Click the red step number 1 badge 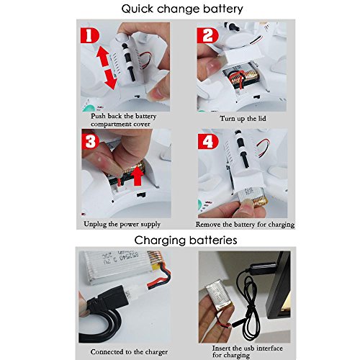pyautogui.click(x=89, y=35)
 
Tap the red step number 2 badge pyautogui.click(x=207, y=35)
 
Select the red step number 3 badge pyautogui.click(x=90, y=142)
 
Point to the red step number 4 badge pyautogui.click(x=208, y=142)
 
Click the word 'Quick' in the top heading pyautogui.click(x=137, y=9)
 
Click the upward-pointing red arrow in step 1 pyautogui.click(x=102, y=56)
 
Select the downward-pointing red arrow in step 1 pyautogui.click(x=111, y=79)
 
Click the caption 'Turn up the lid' pyautogui.click(x=243, y=118)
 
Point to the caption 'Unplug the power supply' pyautogui.click(x=122, y=224)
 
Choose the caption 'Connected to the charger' pyautogui.click(x=129, y=352)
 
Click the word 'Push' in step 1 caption pyautogui.click(x=98, y=116)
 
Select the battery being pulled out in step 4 pyautogui.click(x=253, y=197)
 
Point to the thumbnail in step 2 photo pyautogui.click(x=213, y=66)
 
